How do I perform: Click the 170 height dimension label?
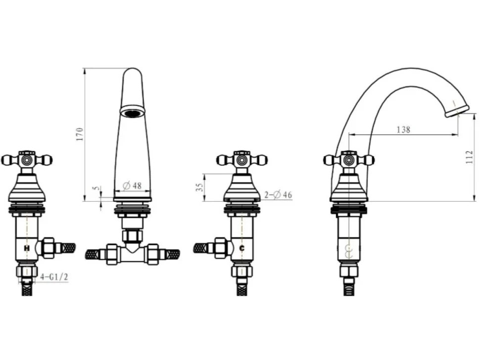tap(80, 134)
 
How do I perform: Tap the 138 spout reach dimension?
tap(403, 130)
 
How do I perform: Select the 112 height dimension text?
tap(469, 157)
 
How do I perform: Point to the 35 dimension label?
tap(199, 187)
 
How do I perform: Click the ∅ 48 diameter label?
tap(132, 185)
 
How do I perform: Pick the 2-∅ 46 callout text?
tap(278, 194)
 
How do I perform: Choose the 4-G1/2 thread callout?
tap(54, 277)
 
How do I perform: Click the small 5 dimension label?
tap(97, 188)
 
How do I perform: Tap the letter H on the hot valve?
tap(27, 248)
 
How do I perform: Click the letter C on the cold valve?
tap(242, 248)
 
